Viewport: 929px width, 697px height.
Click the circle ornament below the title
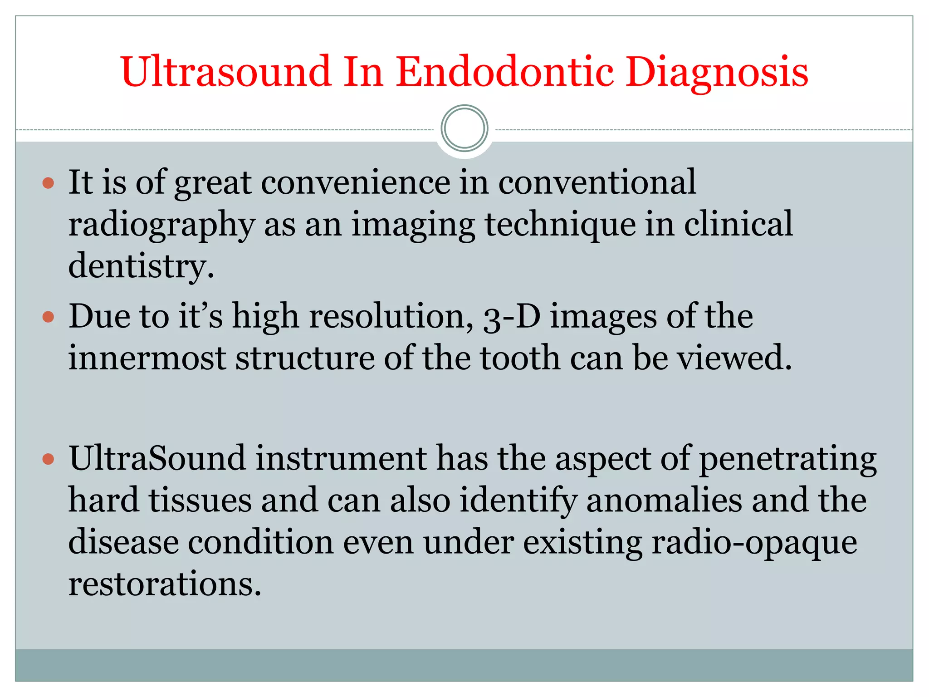[x=464, y=128]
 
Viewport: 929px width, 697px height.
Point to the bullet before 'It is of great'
[x=48, y=183]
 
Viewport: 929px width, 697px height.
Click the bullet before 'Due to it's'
[x=48, y=316]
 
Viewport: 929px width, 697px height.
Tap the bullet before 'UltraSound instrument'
[x=48, y=459]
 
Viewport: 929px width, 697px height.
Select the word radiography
[x=161, y=225]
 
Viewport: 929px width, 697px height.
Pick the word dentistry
[x=141, y=266]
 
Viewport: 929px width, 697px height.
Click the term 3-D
[x=512, y=316]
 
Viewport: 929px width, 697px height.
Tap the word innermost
[x=147, y=358]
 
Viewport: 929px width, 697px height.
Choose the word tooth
[x=520, y=358]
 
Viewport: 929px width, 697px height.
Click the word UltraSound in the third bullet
[x=157, y=458]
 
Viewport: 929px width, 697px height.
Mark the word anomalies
[x=664, y=501]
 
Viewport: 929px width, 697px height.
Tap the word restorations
[x=164, y=584]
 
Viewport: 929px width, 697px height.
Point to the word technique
[x=560, y=225]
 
